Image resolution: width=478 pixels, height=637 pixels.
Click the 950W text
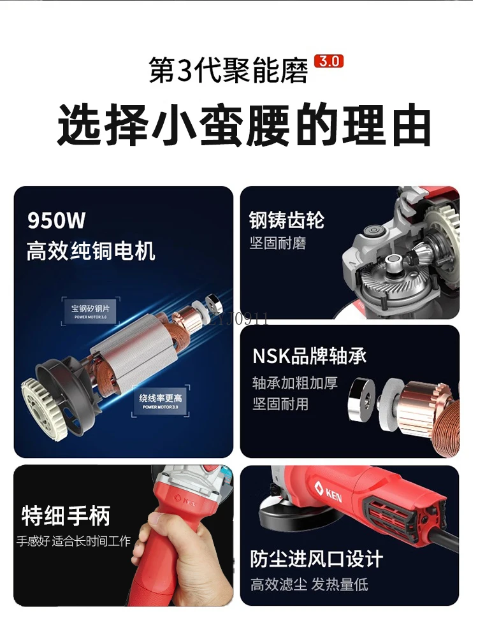(56, 220)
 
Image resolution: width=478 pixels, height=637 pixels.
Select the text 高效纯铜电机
(91, 250)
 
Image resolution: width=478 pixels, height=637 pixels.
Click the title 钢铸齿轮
(287, 220)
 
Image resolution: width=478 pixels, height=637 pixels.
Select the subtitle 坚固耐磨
(278, 244)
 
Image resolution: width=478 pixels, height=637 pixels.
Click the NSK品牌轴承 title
(309, 356)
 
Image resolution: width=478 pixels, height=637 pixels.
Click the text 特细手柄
(66, 515)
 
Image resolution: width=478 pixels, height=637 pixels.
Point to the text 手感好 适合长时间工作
(73, 541)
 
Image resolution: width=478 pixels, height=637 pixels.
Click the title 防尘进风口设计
(316, 559)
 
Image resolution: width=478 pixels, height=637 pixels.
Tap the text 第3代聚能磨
(228, 70)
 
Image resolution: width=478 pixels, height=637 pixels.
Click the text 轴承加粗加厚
(294, 383)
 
